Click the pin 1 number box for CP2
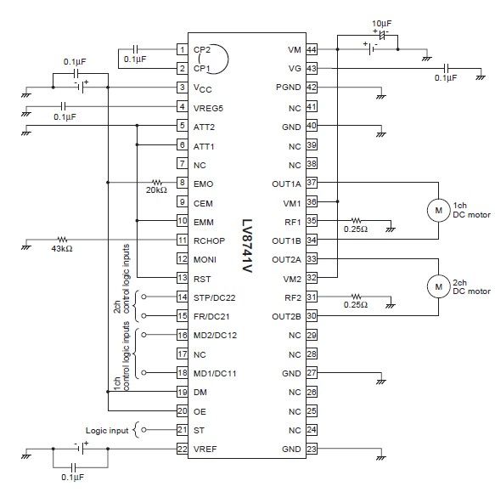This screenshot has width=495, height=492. [x=183, y=49]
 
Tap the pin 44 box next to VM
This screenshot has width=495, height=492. [x=312, y=49]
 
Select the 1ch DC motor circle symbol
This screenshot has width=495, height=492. [x=438, y=211]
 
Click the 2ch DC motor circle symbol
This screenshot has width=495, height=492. [x=438, y=286]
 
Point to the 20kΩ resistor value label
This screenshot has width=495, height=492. [x=156, y=190]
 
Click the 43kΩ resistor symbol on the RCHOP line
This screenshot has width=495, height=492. [x=62, y=240]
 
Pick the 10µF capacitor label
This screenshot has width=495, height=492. [x=382, y=24]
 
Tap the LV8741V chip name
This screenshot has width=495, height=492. [x=247, y=246]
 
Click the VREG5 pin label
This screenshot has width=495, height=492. [x=208, y=109]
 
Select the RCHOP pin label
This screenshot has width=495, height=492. [x=209, y=241]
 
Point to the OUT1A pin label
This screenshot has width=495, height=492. [x=286, y=184]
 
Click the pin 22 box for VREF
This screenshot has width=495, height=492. [x=183, y=449]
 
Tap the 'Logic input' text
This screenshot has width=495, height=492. [x=107, y=431]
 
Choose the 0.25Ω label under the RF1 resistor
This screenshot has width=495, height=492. [x=356, y=229]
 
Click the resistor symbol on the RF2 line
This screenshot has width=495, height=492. [x=356, y=297]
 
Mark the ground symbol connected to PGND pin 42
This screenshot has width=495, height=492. [x=381, y=97]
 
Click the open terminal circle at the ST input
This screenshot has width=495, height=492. [x=144, y=430]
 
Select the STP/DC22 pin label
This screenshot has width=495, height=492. [x=214, y=298]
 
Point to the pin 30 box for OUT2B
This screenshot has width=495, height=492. [x=312, y=315]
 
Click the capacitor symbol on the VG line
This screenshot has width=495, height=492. [x=446, y=68]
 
